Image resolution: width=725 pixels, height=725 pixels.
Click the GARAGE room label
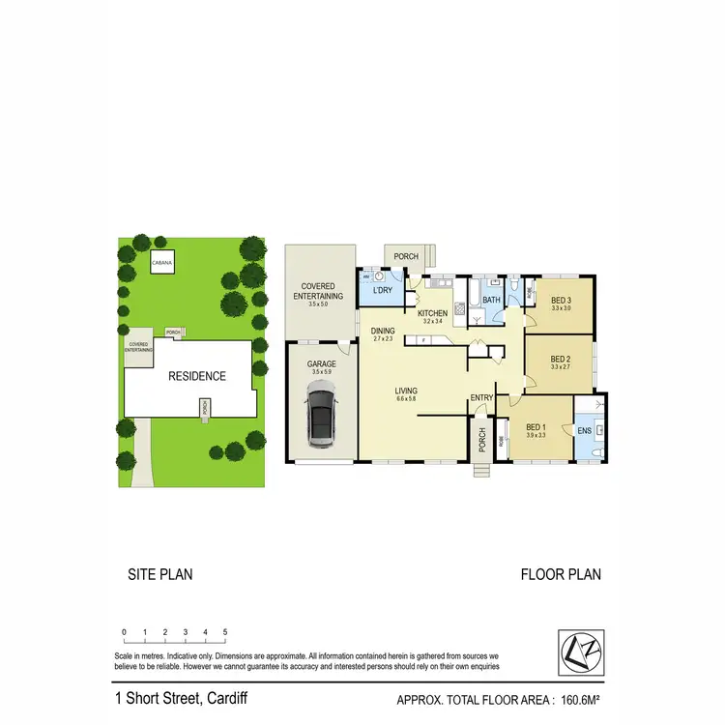coord(322,363)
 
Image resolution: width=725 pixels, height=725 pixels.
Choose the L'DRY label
coord(380,291)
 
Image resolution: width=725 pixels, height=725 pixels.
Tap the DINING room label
coord(383,331)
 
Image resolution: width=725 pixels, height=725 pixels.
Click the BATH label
coord(491,300)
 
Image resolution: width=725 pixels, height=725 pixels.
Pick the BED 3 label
coord(562,301)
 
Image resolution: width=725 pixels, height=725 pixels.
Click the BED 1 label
coord(536,426)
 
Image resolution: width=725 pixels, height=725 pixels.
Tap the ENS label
coord(585,431)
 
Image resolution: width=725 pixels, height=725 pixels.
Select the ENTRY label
coord(481,398)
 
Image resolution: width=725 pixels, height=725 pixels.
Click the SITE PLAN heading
coord(160,574)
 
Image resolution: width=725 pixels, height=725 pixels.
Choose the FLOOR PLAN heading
coord(561,574)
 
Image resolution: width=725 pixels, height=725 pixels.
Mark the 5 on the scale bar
coord(225,632)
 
